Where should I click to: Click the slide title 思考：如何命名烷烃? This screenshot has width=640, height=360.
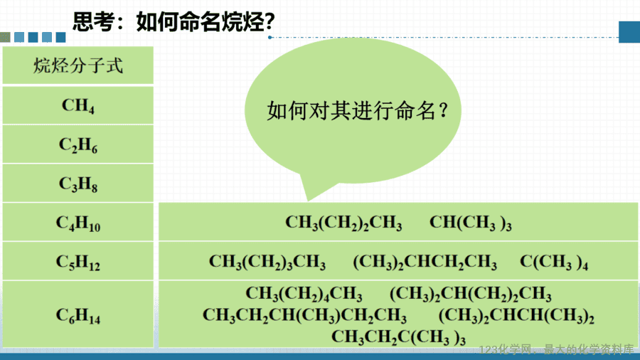coord(174,21)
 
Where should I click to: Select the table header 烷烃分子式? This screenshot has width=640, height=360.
coord(78,65)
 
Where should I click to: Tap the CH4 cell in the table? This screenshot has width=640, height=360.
coord(78,106)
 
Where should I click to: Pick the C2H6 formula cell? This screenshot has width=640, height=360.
coord(78,145)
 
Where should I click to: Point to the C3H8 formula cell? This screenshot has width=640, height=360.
coord(78,184)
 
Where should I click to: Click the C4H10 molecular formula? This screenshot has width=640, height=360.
coord(78,223)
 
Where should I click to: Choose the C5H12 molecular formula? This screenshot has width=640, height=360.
coord(78,262)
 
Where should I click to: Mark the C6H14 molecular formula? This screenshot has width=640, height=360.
coord(78,315)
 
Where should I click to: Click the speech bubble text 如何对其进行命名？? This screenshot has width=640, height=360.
coord(358,110)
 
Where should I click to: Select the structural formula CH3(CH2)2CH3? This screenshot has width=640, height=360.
coord(343,223)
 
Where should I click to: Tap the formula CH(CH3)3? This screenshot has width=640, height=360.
coord(470,223)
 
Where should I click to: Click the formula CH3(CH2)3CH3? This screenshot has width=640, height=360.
coord(267,262)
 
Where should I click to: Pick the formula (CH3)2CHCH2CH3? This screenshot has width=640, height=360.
coord(425,262)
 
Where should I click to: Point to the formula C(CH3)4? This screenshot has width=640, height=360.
coord(554,262)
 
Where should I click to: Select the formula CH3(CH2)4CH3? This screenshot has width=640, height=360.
coord(304,293)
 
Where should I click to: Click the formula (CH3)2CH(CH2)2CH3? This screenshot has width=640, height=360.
coord(471,293)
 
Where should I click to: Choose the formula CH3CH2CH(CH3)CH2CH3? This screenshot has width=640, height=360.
coord(304,315)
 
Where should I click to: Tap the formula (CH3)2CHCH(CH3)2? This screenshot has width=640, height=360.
coord(516,315)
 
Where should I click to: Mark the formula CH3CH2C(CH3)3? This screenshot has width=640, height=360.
coord(398,337)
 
